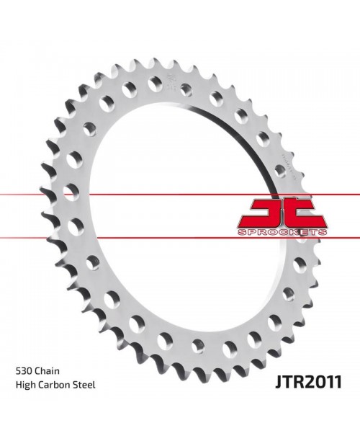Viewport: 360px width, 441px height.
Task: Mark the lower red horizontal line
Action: [x=108, y=236]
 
